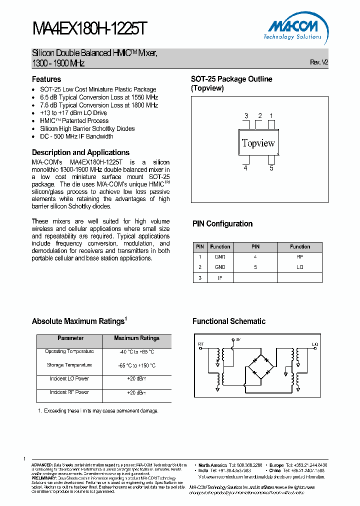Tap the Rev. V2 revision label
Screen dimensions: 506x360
point(319,62)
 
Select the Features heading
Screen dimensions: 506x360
point(46,79)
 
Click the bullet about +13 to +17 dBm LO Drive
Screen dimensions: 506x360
point(73,113)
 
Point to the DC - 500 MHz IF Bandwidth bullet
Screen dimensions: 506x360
point(76,136)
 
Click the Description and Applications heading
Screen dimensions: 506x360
point(80,152)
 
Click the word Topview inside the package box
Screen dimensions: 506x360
point(258,143)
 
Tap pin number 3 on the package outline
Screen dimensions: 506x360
point(246,116)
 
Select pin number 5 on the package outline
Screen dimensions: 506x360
point(271,168)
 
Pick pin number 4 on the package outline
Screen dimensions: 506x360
point(245,168)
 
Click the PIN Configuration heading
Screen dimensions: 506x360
point(222,224)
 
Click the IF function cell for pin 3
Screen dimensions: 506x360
point(220,277)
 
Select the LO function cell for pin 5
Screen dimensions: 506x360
point(300,267)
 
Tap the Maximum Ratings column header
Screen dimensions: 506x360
point(136,338)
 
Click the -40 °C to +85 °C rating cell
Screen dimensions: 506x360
point(136,351)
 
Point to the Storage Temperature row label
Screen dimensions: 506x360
point(69,365)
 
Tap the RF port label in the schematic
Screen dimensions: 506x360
point(201,344)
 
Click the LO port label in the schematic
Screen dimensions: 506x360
point(315,344)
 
